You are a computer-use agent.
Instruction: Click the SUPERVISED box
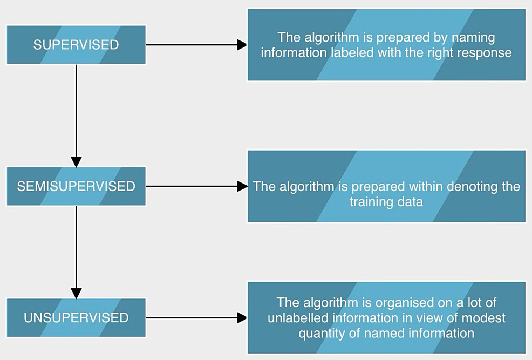pyautogui.click(x=76, y=44)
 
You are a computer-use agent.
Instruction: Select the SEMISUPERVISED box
pyautogui.click(x=76, y=186)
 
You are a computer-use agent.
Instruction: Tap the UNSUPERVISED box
pyautogui.click(x=76, y=317)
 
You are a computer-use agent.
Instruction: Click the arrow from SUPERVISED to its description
pyautogui.click(x=196, y=44)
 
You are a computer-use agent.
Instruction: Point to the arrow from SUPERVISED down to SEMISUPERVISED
pyautogui.click(x=76, y=116)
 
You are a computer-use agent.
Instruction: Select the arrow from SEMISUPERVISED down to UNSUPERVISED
pyautogui.click(x=76, y=252)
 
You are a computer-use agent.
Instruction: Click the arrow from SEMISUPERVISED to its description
pyautogui.click(x=196, y=186)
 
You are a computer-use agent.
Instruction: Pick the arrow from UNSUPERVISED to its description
pyautogui.click(x=196, y=317)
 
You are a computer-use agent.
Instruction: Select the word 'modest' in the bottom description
pyautogui.click(x=483, y=318)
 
